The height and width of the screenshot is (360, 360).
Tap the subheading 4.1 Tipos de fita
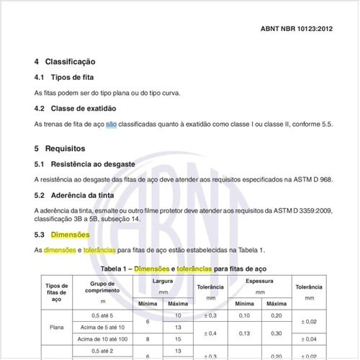click(x=64, y=77)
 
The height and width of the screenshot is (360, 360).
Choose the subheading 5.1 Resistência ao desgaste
click(x=85, y=164)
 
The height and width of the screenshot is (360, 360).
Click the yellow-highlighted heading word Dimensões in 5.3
click(x=71, y=235)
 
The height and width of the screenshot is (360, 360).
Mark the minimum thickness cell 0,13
click(x=245, y=332)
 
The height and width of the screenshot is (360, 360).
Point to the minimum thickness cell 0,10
click(x=245, y=315)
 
